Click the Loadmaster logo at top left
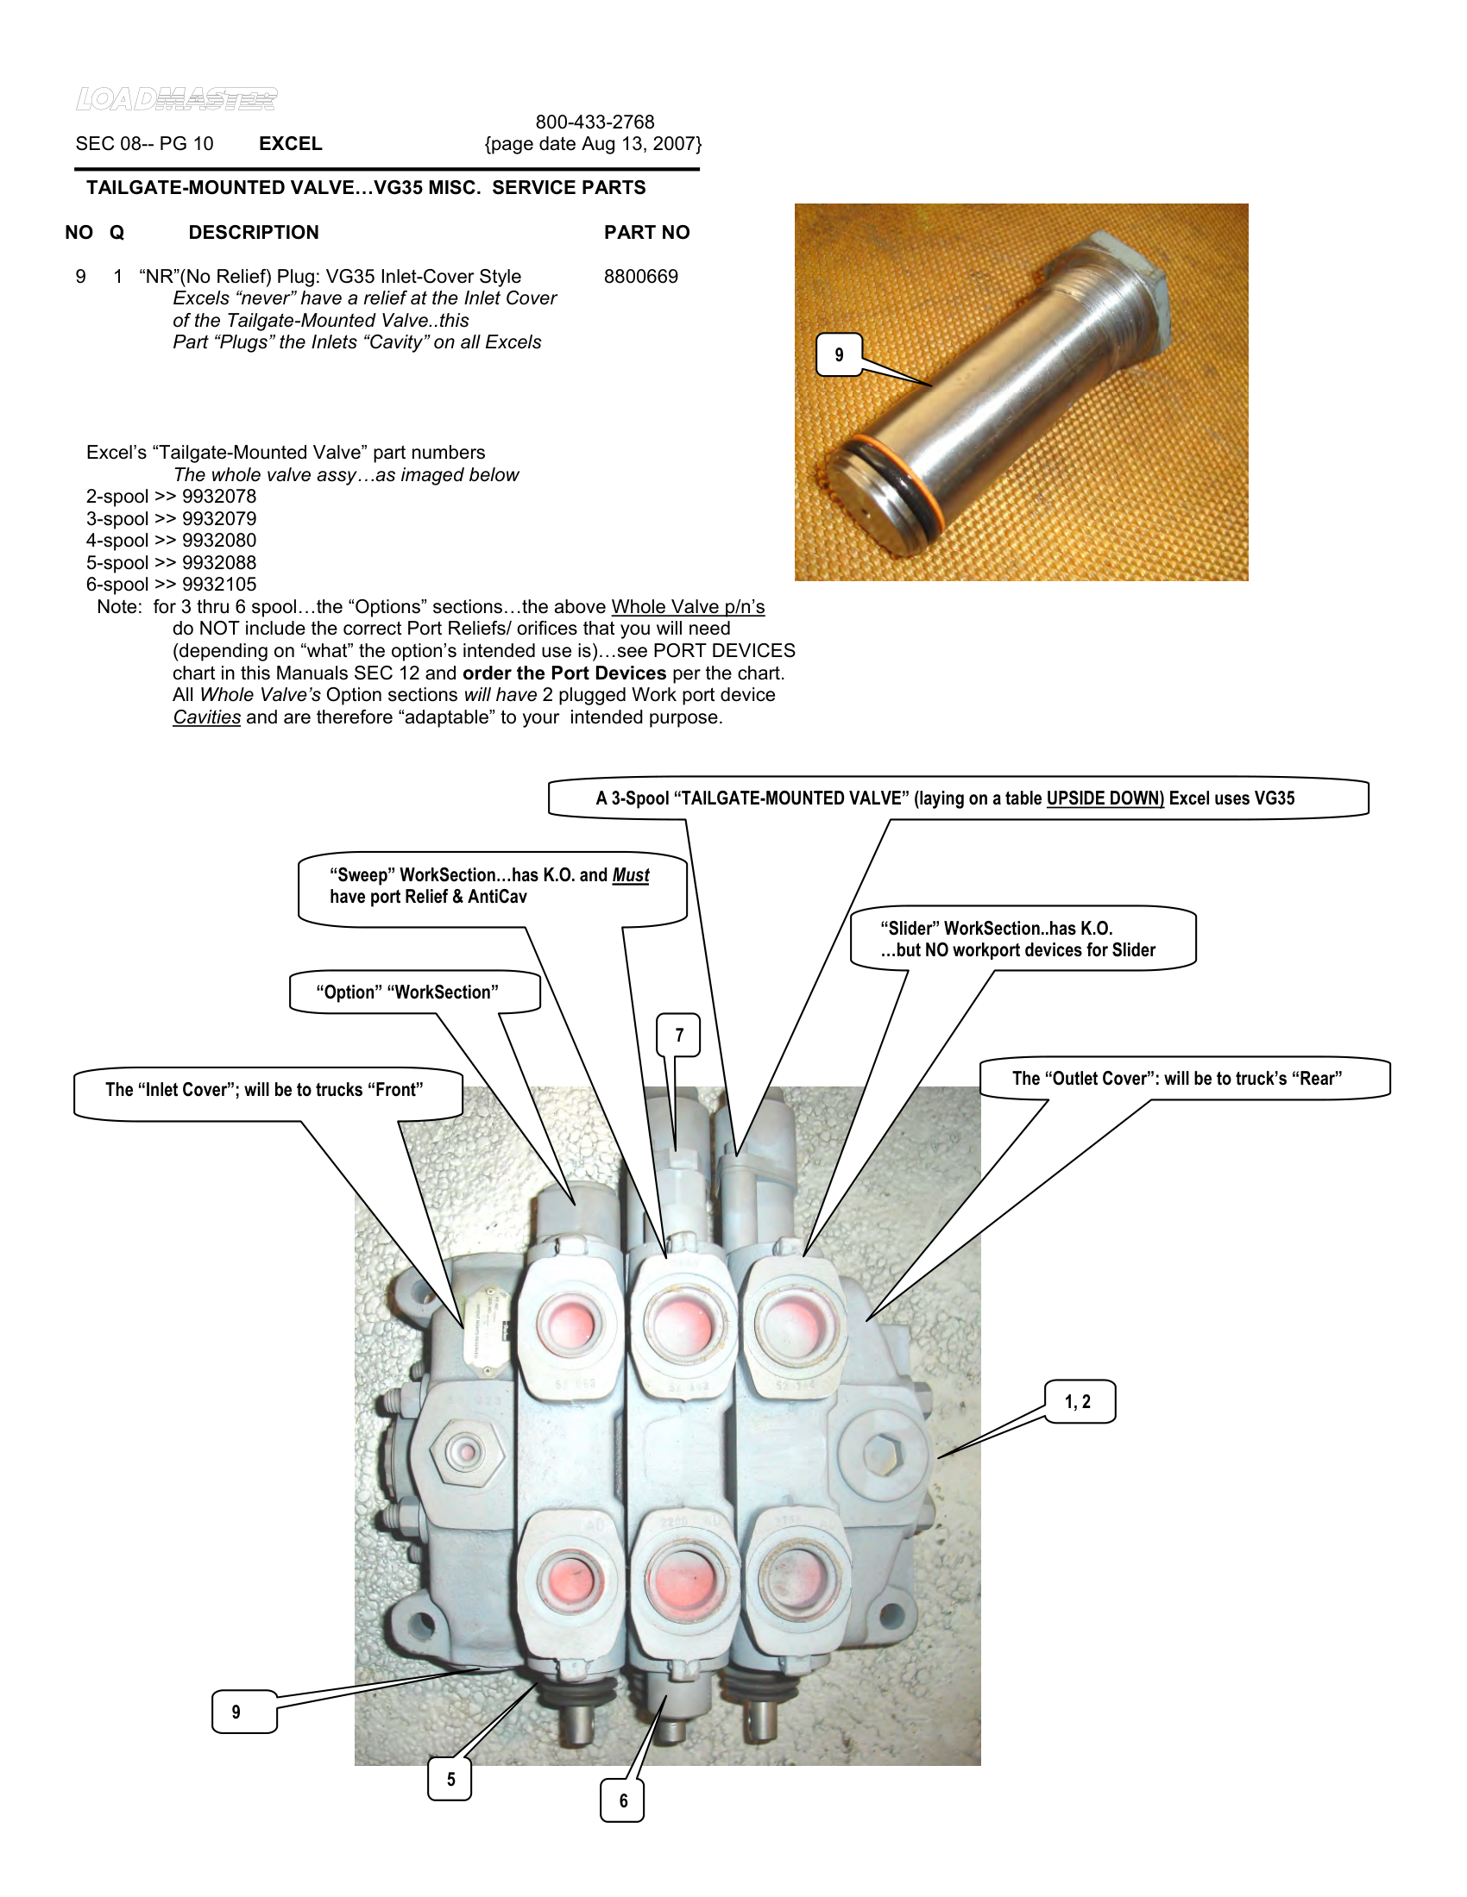pyautogui.click(x=176, y=99)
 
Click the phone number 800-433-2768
pyautogui.click(x=595, y=122)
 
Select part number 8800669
pyautogui.click(x=640, y=276)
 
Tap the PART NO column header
pyautogui.click(x=646, y=233)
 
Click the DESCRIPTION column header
pyautogui.click(x=254, y=233)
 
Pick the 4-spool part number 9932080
pyautogui.click(x=219, y=541)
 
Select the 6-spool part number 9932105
pyautogui.click(x=219, y=585)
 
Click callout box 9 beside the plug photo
pyautogui.click(x=839, y=354)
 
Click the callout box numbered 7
pyautogui.click(x=679, y=1035)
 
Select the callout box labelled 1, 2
pyautogui.click(x=1078, y=1401)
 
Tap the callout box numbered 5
pyautogui.click(x=450, y=1779)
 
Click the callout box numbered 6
pyautogui.click(x=622, y=1800)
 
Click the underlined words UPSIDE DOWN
pyautogui.click(x=1105, y=798)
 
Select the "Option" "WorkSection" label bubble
pyautogui.click(x=406, y=992)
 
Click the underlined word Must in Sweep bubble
pyautogui.click(x=630, y=874)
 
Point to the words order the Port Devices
pyautogui.click(x=564, y=673)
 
